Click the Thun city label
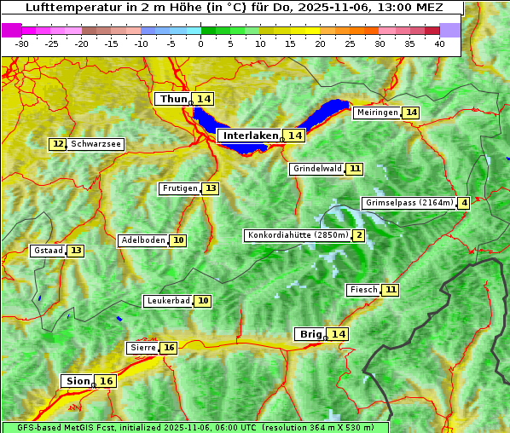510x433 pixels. [173, 100]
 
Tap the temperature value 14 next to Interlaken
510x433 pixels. [295, 136]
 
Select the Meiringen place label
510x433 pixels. [377, 113]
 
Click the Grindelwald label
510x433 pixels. [317, 169]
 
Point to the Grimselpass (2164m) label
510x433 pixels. [409, 203]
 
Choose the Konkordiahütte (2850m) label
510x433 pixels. [298, 235]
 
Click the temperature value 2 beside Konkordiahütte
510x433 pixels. [359, 235]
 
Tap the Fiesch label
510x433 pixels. [363, 290]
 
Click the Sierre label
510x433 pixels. [142, 348]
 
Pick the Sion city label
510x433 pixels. [77, 381]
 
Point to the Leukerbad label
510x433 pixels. [168, 301]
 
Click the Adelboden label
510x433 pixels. [142, 240]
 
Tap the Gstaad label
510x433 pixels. [49, 251]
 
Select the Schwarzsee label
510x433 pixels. [96, 144]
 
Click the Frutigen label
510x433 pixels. [180, 188]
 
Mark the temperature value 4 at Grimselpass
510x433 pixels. [463, 203]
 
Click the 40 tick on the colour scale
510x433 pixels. [439, 43]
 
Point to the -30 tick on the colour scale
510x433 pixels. [22, 43]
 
